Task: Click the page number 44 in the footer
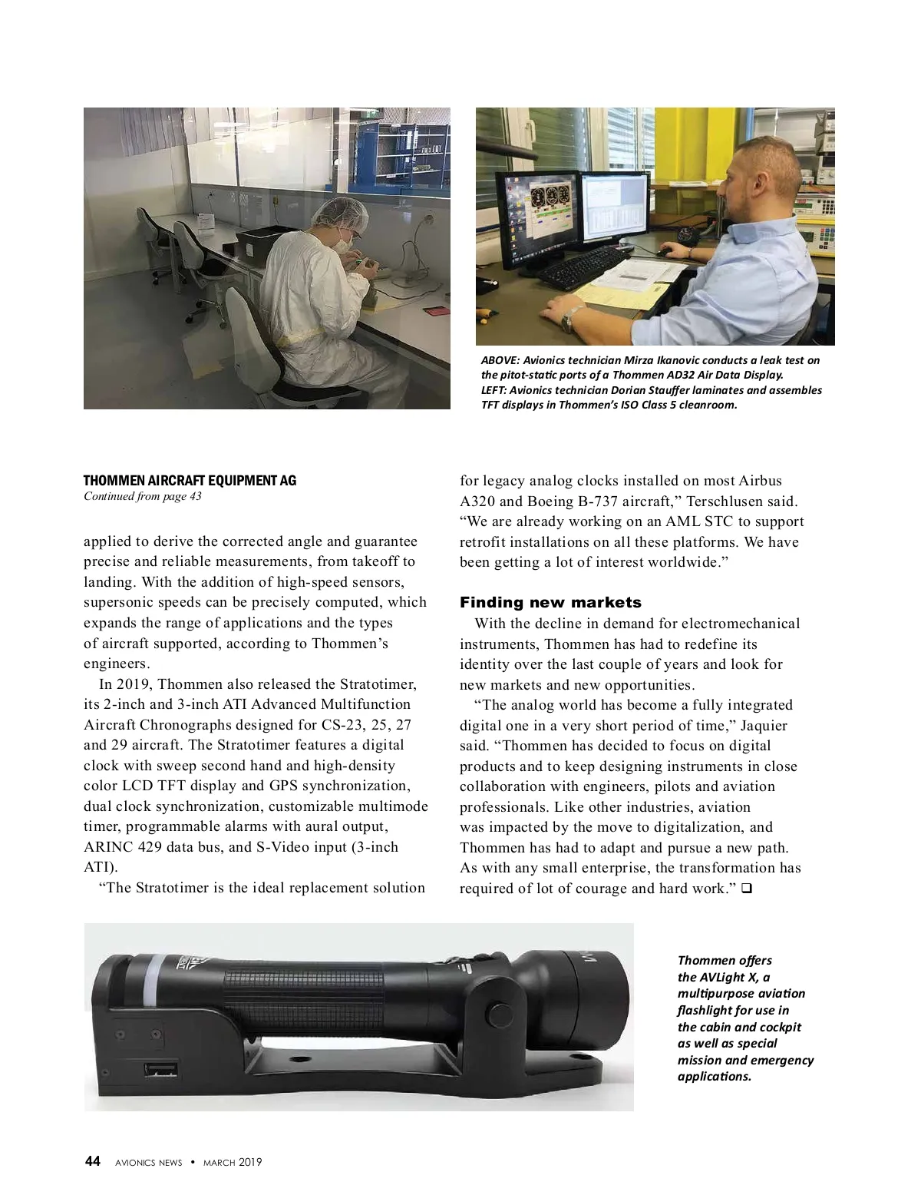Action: pos(92,1162)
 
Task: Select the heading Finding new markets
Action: pos(550,602)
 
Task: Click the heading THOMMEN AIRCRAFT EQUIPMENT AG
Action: pos(190,481)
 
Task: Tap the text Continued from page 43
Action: pos(142,496)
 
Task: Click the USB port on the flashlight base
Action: pos(160,1070)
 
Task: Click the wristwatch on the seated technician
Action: pos(568,317)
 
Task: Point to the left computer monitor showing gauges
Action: pos(535,208)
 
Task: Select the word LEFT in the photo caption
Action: pos(493,390)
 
